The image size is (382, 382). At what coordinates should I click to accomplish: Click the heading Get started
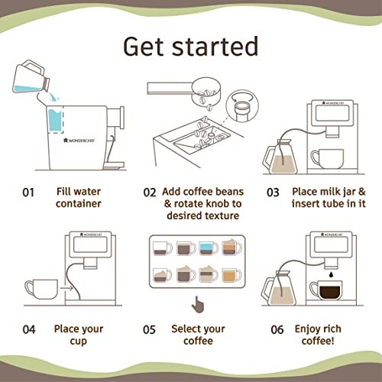click(x=191, y=47)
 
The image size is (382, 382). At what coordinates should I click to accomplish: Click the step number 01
click(x=28, y=193)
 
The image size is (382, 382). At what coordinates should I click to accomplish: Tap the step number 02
click(x=149, y=193)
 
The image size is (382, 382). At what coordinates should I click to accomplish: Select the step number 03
click(x=273, y=193)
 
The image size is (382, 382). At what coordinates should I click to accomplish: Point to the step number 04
click(x=29, y=330)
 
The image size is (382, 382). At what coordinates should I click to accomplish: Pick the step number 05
click(x=149, y=330)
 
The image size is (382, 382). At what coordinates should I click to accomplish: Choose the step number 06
click(x=273, y=330)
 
